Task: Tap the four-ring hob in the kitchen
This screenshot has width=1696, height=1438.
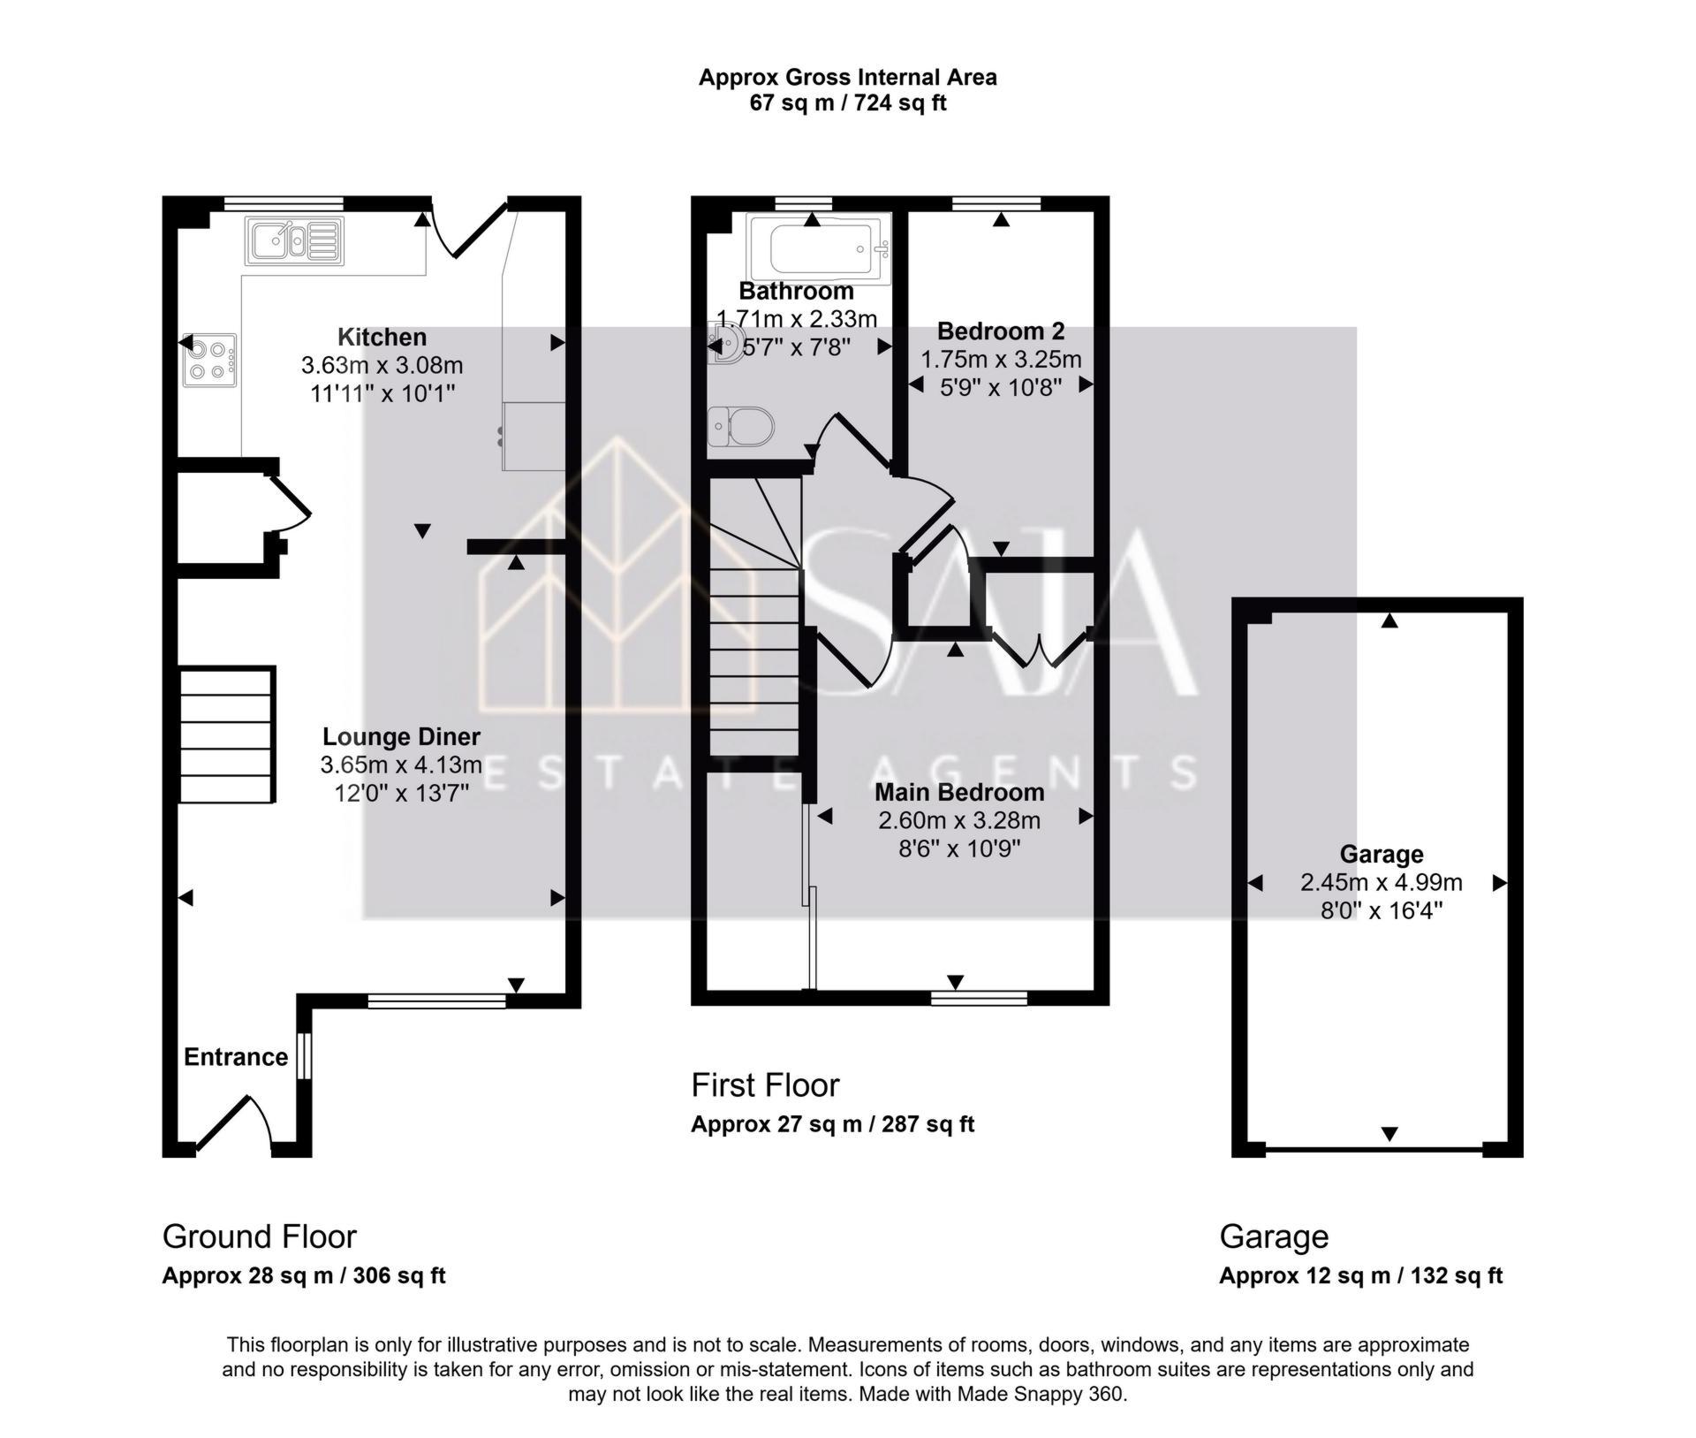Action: click(209, 360)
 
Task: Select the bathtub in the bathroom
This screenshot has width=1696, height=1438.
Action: click(818, 249)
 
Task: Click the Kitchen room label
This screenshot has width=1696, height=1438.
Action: click(382, 337)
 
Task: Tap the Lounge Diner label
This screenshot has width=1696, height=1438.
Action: click(401, 736)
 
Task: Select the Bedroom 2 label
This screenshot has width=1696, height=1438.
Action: click(1000, 331)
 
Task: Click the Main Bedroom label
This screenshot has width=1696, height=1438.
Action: click(958, 792)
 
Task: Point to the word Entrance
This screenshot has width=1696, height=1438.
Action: click(236, 1057)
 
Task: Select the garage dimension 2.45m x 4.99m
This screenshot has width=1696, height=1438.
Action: click(1381, 882)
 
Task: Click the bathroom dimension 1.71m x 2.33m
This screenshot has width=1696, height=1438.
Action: click(796, 318)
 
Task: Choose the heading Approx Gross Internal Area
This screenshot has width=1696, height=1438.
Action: click(847, 78)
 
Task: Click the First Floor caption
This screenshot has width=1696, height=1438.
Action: click(765, 1084)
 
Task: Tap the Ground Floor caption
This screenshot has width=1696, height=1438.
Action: click(259, 1236)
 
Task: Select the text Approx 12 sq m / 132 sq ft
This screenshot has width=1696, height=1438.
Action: click(1360, 1275)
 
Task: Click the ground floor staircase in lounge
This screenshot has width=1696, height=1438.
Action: click(227, 735)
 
